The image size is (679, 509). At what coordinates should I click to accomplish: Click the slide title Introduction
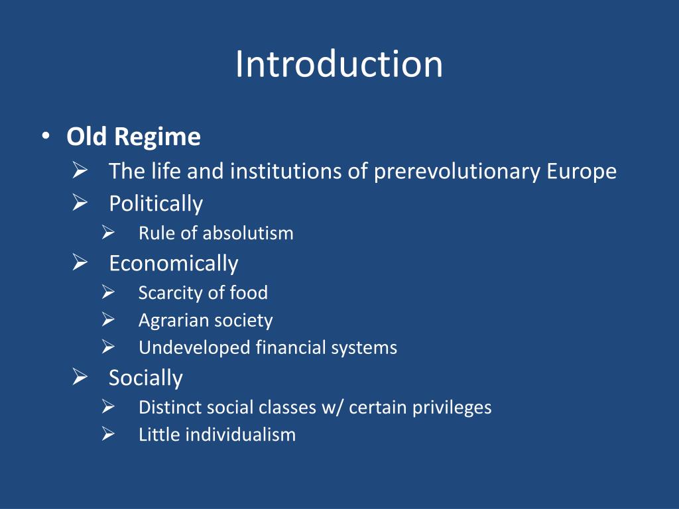(339, 65)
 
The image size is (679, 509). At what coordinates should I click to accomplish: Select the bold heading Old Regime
(133, 137)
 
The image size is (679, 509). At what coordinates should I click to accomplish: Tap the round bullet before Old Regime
(44, 137)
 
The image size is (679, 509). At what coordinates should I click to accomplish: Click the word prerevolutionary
(457, 172)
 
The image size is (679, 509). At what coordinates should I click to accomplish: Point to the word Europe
(582, 172)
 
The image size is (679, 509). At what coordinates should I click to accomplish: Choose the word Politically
(156, 203)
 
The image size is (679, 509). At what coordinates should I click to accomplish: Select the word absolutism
(248, 233)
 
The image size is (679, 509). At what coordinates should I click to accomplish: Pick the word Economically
(173, 263)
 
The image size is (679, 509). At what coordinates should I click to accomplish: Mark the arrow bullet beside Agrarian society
(109, 320)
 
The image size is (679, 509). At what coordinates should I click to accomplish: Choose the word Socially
(145, 378)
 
